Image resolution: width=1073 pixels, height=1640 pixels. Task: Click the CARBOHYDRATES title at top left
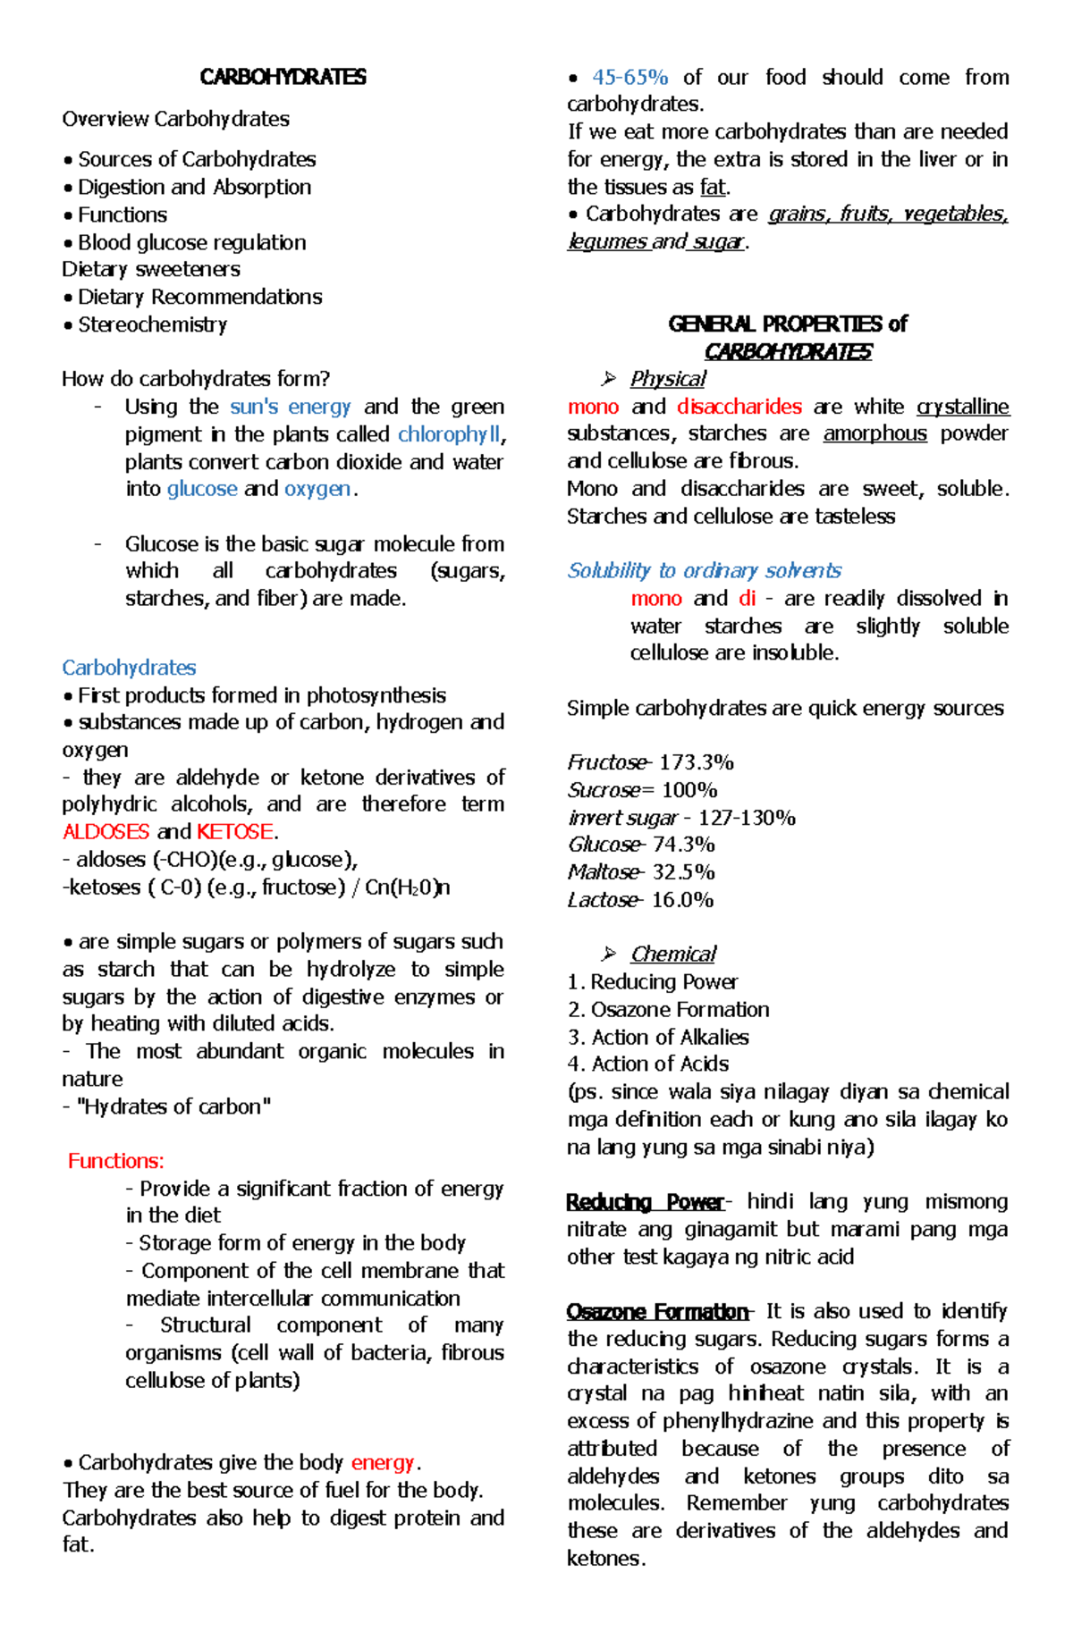pos(283,77)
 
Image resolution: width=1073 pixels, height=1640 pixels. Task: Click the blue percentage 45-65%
pos(629,77)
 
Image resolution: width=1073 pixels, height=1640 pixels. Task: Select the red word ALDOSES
pos(106,831)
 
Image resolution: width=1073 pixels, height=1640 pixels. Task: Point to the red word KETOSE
pos(235,831)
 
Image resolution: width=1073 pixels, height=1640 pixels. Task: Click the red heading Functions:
pos(116,1161)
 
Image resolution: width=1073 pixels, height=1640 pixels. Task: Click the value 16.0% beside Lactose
pos(681,900)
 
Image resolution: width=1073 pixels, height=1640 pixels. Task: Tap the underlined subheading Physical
pos(667,379)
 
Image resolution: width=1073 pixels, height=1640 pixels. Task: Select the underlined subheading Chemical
pos(672,955)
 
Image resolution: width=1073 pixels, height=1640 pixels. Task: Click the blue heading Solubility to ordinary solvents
pos(704,570)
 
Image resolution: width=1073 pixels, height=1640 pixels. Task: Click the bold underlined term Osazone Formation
pos(656,1311)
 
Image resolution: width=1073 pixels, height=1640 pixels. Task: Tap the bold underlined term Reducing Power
pos(645,1201)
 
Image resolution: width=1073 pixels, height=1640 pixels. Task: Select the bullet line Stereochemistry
pos(152,324)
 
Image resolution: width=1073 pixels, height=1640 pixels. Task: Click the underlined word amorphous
pos(875,433)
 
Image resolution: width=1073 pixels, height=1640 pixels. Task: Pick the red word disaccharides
pos(739,407)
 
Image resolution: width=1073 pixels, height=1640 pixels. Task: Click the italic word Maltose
pos(603,872)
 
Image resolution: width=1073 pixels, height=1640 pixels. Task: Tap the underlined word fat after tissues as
pos(713,187)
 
